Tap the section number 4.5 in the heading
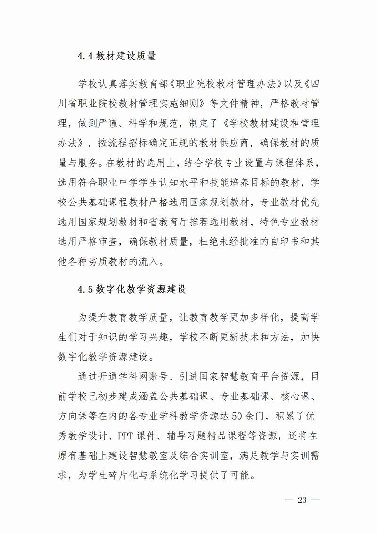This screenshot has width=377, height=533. click(86, 289)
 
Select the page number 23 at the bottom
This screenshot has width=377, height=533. click(302, 500)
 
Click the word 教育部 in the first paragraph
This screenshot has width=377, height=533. click(156, 85)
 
